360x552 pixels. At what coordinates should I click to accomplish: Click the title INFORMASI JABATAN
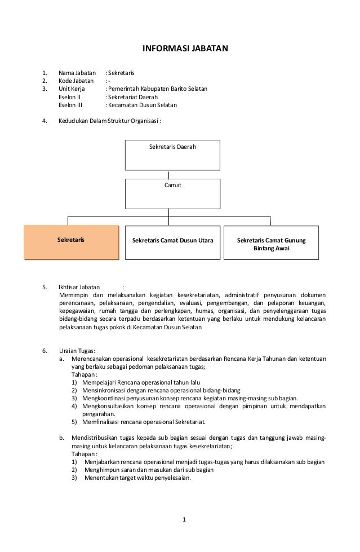click(184, 48)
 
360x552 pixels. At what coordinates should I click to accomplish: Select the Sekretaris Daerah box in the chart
click(172, 155)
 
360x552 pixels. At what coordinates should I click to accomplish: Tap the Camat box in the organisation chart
click(172, 193)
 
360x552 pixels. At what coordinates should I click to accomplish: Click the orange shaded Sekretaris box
click(71, 242)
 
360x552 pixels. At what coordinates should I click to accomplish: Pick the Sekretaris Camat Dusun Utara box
click(172, 242)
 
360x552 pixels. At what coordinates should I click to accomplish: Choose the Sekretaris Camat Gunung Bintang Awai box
click(271, 244)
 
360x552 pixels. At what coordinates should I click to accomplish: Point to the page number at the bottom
click(184, 519)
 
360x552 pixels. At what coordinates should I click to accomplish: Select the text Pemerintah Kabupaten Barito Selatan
click(157, 89)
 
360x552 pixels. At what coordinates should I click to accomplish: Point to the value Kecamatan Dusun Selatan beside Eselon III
click(142, 105)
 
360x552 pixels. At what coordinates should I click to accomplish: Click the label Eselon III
click(70, 105)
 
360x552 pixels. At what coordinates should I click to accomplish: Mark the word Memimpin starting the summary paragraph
click(73, 294)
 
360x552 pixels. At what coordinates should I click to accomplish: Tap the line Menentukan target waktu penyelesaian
click(137, 478)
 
